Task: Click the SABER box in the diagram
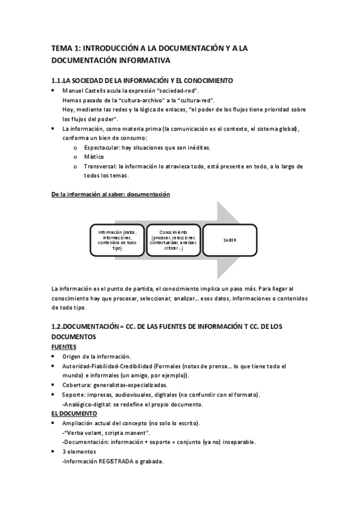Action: [x=229, y=239]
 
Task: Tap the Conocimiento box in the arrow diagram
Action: [x=173, y=239]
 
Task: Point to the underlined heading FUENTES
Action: [x=64, y=347]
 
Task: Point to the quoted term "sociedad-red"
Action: [x=178, y=90]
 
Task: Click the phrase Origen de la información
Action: [x=96, y=356]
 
